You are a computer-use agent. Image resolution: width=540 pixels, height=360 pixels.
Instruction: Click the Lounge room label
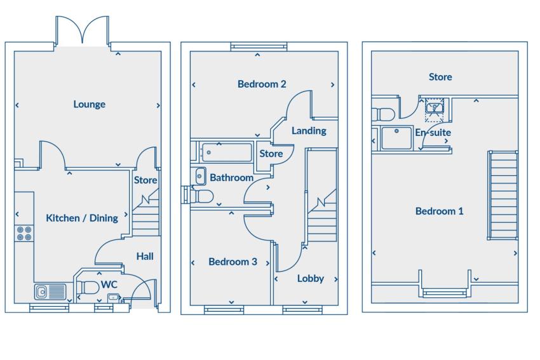point(89,104)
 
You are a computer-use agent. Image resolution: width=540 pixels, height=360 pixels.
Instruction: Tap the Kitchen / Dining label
point(82,218)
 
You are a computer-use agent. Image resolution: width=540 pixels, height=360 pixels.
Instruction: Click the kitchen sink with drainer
point(50,291)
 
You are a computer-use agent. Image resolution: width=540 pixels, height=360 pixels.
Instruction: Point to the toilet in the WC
point(88,288)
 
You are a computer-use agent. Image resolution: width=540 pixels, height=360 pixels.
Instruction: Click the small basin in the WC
point(113,297)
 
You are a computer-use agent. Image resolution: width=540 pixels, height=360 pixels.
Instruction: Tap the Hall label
point(145,257)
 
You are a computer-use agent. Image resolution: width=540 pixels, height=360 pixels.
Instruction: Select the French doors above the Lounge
point(83,31)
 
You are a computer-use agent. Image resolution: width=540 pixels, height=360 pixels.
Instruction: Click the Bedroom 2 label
point(262,84)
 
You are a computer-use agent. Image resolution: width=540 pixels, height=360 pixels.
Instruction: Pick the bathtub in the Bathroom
point(227,152)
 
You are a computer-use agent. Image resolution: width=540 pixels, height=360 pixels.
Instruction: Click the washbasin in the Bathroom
point(200,177)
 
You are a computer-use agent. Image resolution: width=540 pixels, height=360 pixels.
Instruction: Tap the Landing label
point(309,131)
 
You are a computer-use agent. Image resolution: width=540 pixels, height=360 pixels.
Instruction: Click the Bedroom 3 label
point(233,262)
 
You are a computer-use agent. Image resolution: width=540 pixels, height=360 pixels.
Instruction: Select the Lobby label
point(311,279)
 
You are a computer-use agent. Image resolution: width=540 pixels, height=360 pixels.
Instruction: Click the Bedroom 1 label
point(440,211)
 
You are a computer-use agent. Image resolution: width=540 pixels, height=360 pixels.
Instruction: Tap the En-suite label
point(433,133)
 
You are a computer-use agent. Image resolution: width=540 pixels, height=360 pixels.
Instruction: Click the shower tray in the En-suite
point(396,138)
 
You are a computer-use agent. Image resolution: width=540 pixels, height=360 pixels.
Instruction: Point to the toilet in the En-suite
point(383,114)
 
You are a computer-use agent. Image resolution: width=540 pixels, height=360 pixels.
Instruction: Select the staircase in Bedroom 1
point(503,195)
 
